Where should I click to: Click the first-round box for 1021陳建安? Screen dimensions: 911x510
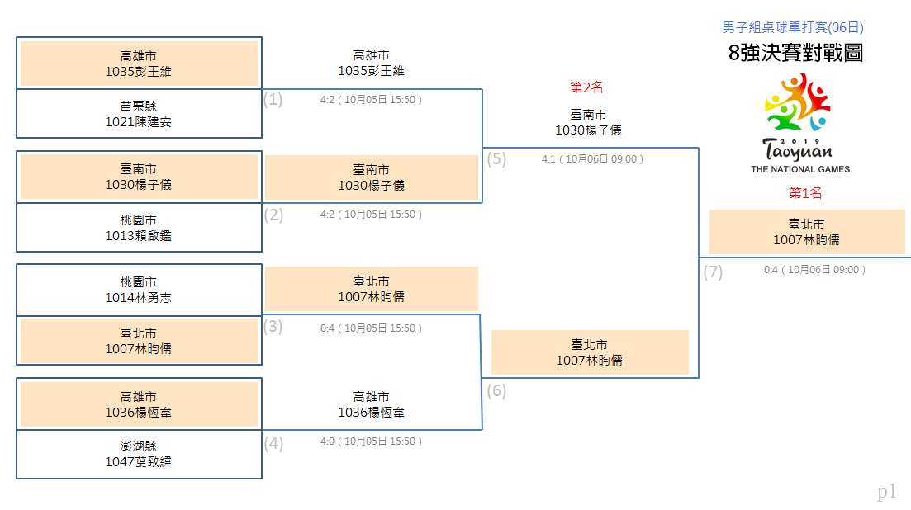(139, 114)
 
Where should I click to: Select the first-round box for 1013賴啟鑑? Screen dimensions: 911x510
(139, 228)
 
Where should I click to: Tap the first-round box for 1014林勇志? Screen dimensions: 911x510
(139, 290)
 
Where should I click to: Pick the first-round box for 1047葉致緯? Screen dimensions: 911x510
(139, 455)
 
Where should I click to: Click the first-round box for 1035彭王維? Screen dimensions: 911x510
(139, 64)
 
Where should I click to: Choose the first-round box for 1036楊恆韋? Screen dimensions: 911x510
(139, 404)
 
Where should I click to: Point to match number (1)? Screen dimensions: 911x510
(273, 100)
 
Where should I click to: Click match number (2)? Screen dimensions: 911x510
(273, 215)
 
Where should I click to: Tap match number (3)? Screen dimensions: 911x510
(273, 327)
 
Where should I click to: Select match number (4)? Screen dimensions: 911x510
(273, 444)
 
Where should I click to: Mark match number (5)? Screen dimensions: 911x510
(496, 159)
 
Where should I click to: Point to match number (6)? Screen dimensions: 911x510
(496, 391)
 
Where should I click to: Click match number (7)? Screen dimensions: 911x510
(713, 272)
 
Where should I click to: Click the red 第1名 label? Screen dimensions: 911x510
(805, 193)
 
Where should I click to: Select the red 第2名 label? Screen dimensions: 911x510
(586, 87)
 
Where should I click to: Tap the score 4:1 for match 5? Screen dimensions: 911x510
(548, 159)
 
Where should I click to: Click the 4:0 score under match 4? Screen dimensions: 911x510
(327, 442)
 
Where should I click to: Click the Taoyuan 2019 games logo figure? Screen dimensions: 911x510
(797, 102)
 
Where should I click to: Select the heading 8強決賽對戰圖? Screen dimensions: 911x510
(795, 53)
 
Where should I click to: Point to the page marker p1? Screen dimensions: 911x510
(886, 492)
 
